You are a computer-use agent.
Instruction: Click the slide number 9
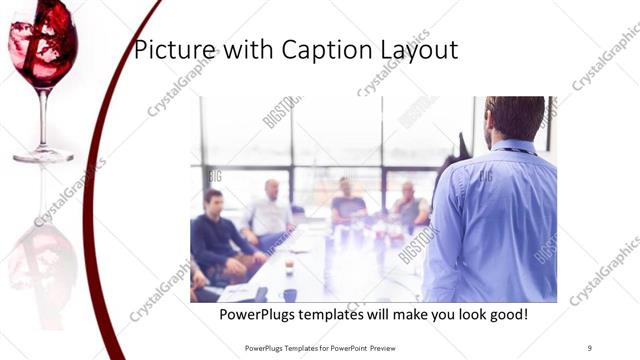click(589, 347)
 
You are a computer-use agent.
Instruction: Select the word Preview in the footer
click(392, 347)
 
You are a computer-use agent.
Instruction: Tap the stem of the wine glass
click(42, 115)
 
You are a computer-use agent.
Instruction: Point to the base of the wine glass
click(43, 155)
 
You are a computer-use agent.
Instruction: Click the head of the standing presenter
click(515, 118)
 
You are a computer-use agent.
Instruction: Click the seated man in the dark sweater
click(215, 235)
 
